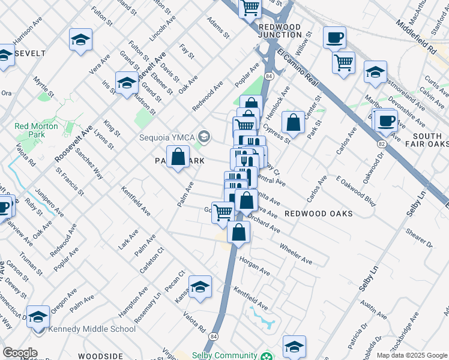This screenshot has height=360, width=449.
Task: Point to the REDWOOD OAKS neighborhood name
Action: (x=318, y=214)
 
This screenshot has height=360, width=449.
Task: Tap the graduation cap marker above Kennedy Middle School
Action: (x=38, y=316)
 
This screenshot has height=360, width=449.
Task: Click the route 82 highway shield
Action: (x=382, y=144)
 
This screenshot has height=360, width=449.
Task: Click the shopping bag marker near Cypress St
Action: (x=293, y=123)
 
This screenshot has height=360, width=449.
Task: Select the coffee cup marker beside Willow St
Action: (x=335, y=38)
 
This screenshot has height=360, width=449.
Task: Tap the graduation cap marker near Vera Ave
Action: (x=80, y=40)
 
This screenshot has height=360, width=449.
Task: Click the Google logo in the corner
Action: (x=19, y=353)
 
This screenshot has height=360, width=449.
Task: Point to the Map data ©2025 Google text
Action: (x=411, y=355)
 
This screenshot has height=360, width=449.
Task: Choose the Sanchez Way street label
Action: (x=88, y=164)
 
